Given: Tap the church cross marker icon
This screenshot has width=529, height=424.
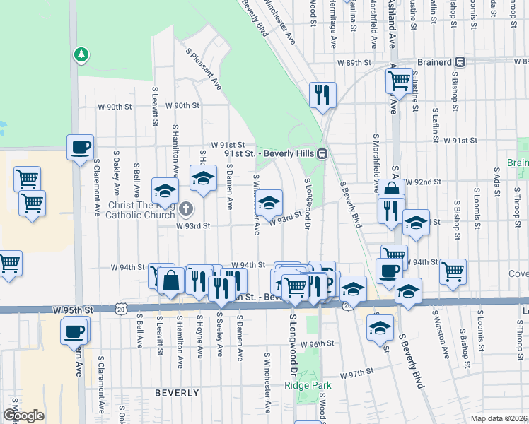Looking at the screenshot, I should tap(185, 208).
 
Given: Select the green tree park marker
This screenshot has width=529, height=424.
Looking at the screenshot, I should tap(82, 53).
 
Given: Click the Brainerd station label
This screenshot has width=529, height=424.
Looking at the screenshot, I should tap(434, 62).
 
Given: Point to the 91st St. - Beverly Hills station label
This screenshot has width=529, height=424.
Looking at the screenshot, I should tap(270, 153).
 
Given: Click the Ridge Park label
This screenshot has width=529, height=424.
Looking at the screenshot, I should tap(308, 385).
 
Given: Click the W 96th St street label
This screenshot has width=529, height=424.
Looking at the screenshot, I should tap(316, 343).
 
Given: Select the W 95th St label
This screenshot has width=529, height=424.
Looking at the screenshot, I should tap(74, 310).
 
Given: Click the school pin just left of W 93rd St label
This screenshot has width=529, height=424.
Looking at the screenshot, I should tap(269, 203).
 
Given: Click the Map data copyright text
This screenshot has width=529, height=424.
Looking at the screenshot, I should tap(498, 418).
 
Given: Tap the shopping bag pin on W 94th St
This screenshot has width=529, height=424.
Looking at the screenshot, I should tap(171, 280).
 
